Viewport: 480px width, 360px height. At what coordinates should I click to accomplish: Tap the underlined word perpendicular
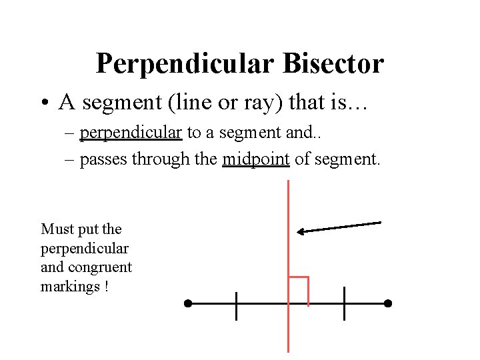131,133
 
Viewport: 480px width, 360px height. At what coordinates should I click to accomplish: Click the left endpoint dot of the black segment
188,303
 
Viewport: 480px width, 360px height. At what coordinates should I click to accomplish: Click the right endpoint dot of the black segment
388,303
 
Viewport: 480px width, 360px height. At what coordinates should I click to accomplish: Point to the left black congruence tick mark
236,305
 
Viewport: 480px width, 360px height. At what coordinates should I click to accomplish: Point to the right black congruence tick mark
344,303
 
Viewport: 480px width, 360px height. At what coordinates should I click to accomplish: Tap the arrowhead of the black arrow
301,231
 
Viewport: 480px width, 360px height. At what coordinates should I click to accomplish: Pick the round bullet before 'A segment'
44,103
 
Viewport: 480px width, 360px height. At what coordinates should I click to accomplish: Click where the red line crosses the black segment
288,303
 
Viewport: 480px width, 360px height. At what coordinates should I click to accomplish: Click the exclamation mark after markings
107,287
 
